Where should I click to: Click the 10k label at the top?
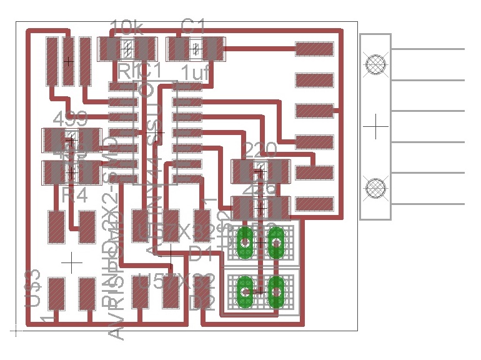129,27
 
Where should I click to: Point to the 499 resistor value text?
71,119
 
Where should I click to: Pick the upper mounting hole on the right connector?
375,64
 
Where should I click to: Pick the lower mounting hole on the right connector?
375,187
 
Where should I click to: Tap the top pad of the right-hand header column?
314,48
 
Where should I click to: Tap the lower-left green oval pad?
245,291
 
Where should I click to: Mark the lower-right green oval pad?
275,291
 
